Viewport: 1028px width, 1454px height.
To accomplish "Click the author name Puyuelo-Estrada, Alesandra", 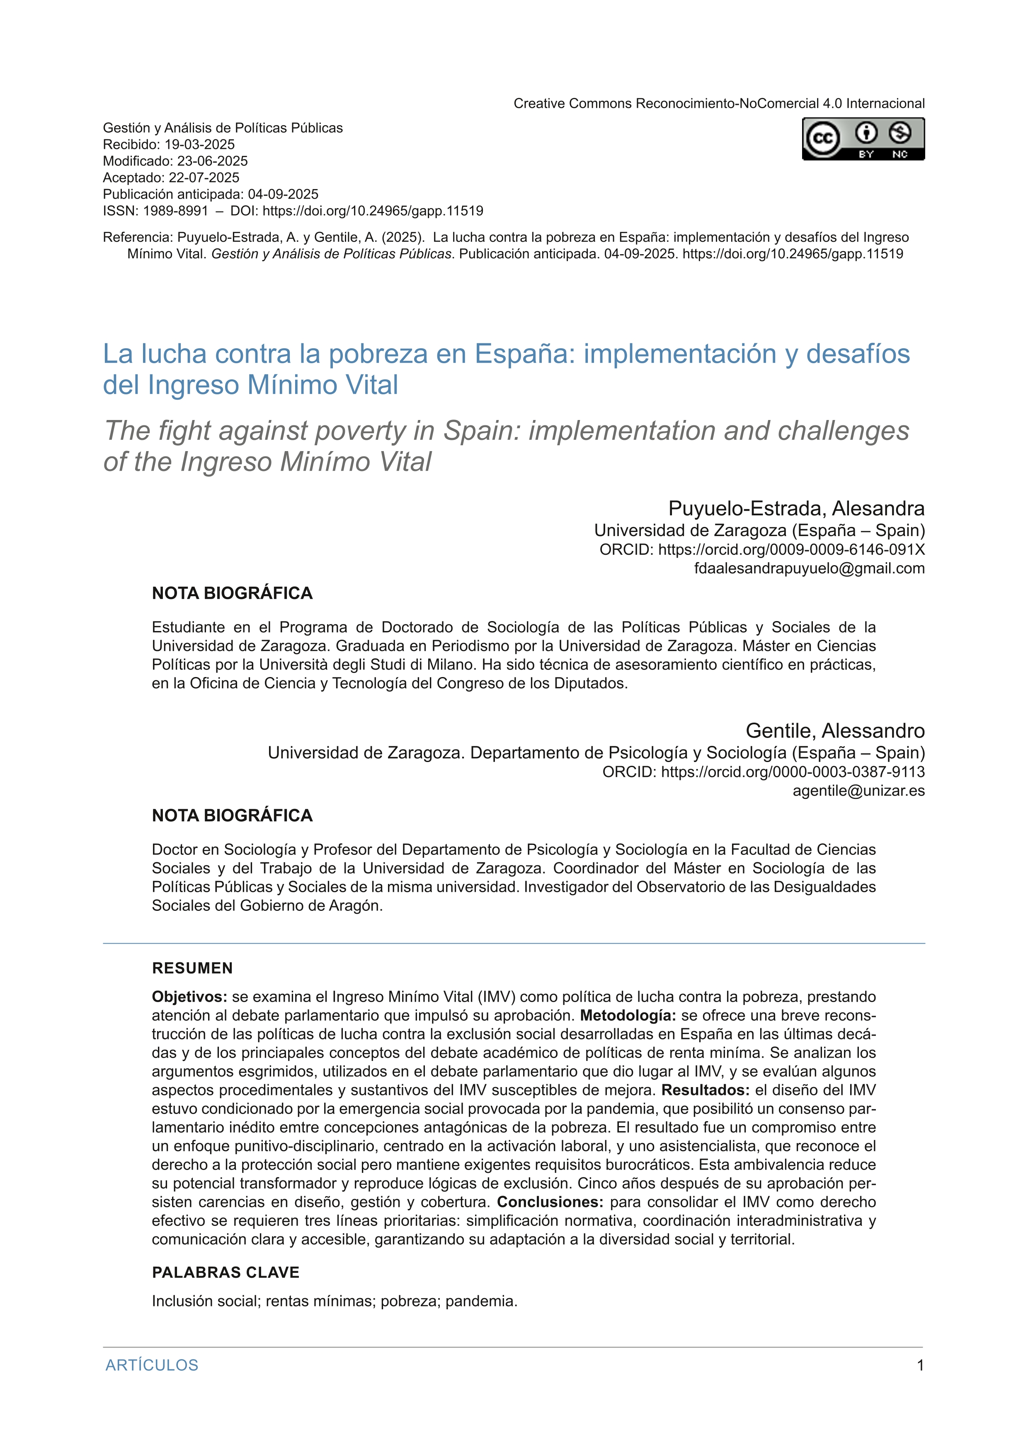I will click(x=796, y=509).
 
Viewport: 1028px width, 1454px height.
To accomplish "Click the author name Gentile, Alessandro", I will click(x=835, y=731).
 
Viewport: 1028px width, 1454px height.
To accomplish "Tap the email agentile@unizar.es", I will click(x=858, y=791).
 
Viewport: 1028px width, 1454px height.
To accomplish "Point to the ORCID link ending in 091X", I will click(x=791, y=550).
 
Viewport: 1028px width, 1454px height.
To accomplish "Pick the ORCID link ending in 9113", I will click(x=793, y=772).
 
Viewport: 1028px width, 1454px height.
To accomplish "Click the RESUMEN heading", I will click(x=192, y=968).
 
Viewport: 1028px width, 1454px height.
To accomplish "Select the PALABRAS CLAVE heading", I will click(x=225, y=1273).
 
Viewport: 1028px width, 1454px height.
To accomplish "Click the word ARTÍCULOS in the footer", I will click(x=152, y=1365).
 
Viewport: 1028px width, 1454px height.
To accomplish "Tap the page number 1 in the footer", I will click(x=920, y=1365).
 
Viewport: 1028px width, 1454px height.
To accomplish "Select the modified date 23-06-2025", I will click(x=212, y=161).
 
